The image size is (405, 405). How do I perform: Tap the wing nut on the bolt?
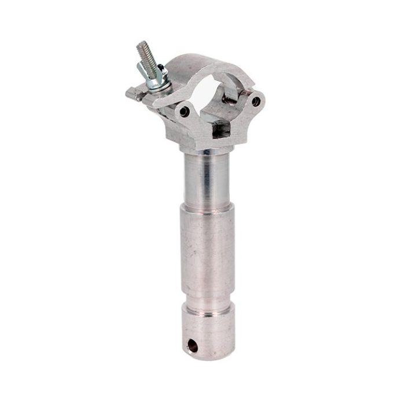click(x=152, y=74)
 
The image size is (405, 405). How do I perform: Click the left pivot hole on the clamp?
click(x=184, y=110)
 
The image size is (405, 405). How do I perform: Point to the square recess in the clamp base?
click(x=218, y=131)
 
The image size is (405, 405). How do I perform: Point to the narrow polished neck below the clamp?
click(x=202, y=174)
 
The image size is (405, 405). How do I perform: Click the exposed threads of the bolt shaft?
click(x=143, y=55)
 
